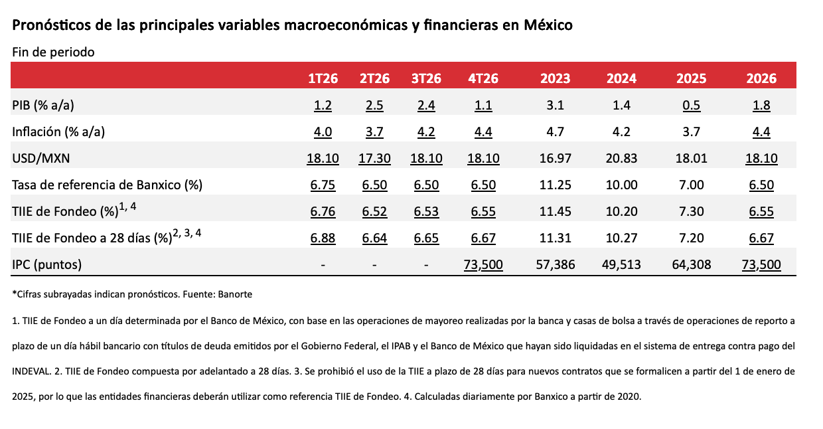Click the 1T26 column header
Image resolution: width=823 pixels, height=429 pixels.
click(x=323, y=78)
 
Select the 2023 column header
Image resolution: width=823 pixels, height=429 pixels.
click(x=555, y=78)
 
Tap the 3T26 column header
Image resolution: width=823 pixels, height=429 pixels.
click(x=426, y=78)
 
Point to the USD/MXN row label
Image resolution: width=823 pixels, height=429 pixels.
click(x=41, y=158)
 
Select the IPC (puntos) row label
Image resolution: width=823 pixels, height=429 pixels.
click(x=47, y=264)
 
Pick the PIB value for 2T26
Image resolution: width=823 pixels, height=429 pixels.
click(x=374, y=105)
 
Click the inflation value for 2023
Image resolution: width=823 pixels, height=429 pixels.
click(x=555, y=131)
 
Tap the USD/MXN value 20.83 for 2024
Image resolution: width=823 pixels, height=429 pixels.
click(x=622, y=158)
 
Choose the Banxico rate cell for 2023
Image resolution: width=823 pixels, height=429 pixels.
click(x=555, y=185)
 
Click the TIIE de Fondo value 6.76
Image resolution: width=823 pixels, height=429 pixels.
click(x=323, y=211)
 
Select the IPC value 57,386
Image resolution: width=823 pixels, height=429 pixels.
click(x=555, y=264)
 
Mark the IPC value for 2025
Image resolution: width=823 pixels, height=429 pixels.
click(x=692, y=264)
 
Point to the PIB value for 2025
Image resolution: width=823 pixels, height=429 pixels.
click(x=692, y=105)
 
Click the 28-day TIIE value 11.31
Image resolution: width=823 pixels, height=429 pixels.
click(x=555, y=238)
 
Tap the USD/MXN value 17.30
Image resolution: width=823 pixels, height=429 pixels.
click(x=374, y=158)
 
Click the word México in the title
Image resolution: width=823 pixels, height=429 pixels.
click(x=548, y=26)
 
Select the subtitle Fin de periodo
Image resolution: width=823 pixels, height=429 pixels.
click(x=53, y=52)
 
